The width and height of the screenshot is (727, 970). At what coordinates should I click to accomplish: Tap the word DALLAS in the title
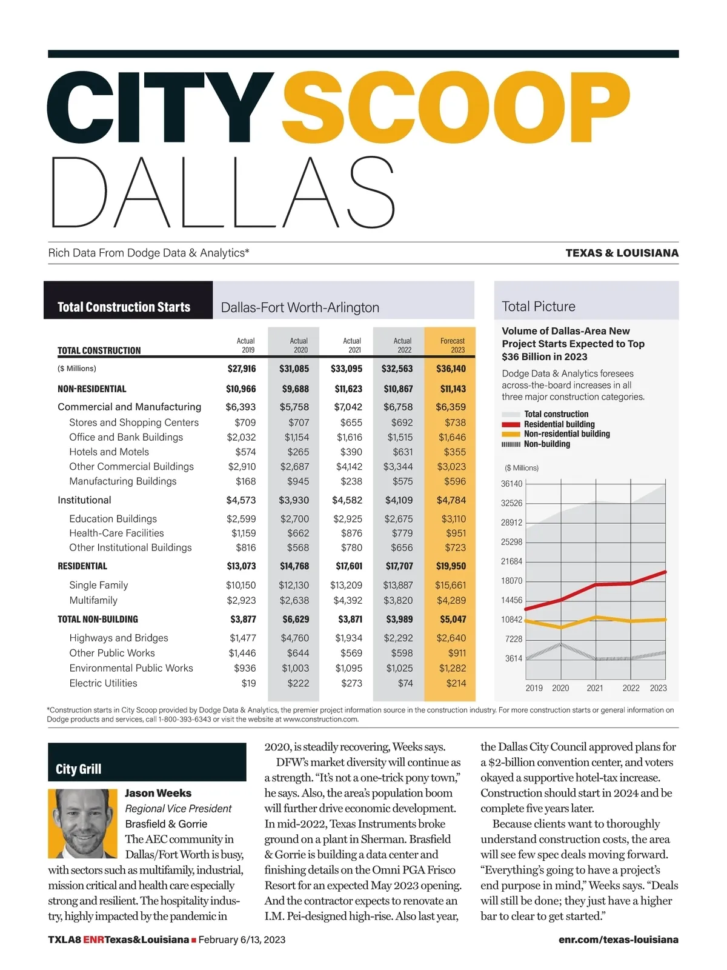pos(223,192)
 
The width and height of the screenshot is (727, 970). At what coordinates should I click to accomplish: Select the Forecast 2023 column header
pos(452,345)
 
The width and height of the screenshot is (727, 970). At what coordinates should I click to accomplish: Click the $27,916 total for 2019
pos(241,369)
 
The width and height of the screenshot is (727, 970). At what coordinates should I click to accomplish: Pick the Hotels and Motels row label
pos(109,452)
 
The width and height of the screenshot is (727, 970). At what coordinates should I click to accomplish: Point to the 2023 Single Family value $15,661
pos(450,585)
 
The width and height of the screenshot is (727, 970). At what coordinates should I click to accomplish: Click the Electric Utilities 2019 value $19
pos(248,683)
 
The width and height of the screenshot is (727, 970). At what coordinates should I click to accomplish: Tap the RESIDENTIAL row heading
pos(82,566)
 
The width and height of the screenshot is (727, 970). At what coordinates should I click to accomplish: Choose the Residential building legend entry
pos(559,424)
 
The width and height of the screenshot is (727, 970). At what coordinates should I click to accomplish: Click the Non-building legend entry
pos(546,444)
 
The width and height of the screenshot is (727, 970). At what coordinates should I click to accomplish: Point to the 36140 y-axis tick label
pos(511,484)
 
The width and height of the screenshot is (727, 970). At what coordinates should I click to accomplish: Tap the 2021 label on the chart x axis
pos(595,688)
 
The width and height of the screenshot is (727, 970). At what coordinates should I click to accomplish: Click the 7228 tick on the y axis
pos(513,639)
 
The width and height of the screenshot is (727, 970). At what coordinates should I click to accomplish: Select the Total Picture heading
pos(539,307)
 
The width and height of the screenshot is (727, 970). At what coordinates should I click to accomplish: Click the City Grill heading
pos(79,769)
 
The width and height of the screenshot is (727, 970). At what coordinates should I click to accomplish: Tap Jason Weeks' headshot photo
pos(82,823)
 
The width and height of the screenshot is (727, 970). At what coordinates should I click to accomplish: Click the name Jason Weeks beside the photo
pos(158,793)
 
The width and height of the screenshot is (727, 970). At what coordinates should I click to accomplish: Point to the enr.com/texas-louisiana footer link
pos(618,940)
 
